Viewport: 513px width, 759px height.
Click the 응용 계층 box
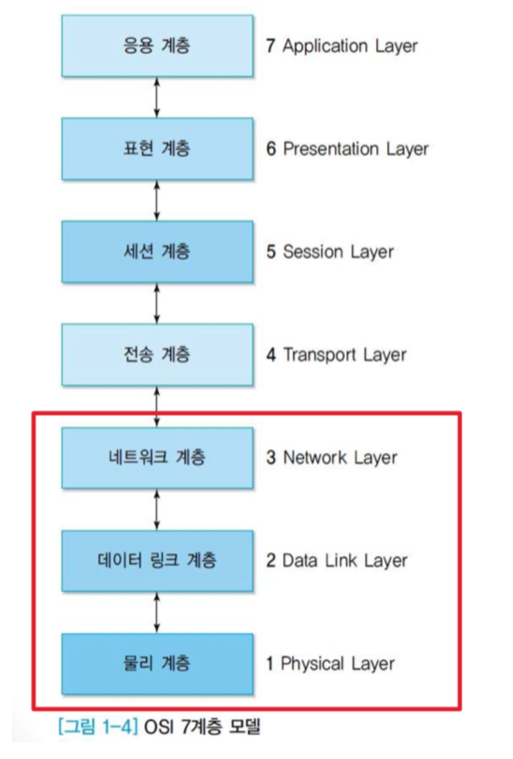(x=157, y=46)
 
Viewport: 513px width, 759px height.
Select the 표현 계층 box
(x=157, y=149)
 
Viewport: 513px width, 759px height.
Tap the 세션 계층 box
(x=157, y=251)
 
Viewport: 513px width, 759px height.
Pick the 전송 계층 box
(x=157, y=354)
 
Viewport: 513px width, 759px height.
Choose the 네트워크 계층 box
(x=157, y=457)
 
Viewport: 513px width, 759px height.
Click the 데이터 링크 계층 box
(x=157, y=560)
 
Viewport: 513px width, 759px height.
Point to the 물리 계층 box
(x=157, y=664)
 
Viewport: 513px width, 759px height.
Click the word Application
(x=324, y=46)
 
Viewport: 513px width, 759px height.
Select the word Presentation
(x=330, y=149)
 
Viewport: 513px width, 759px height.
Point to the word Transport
(x=319, y=355)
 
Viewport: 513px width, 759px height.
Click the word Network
(x=314, y=457)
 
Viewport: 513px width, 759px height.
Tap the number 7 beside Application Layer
(x=271, y=46)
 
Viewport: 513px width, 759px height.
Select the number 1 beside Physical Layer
(x=270, y=664)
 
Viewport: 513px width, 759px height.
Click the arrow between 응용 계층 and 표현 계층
(x=157, y=97)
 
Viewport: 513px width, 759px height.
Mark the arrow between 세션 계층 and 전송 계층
(x=157, y=303)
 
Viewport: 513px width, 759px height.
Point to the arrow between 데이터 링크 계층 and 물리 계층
(x=157, y=612)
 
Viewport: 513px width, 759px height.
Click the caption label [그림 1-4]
(x=97, y=727)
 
